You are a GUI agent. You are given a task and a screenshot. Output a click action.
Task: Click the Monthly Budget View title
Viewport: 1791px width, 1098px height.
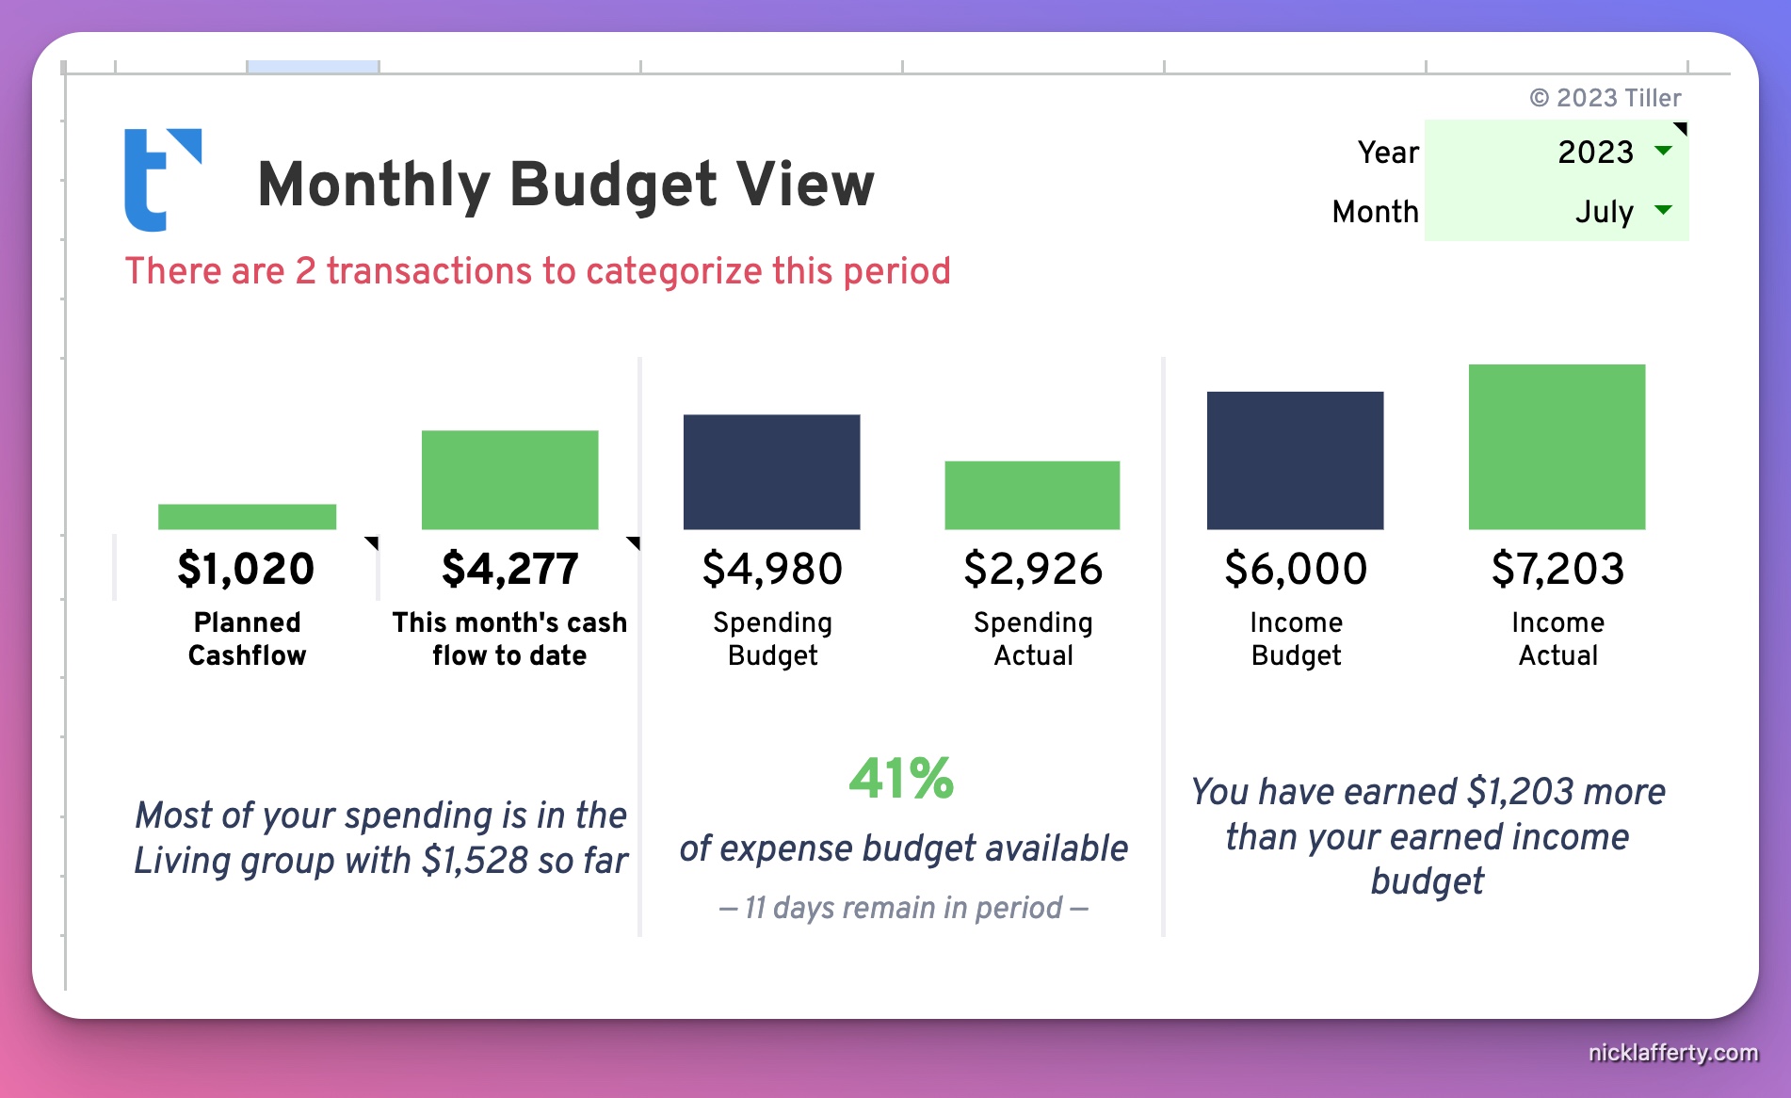click(565, 184)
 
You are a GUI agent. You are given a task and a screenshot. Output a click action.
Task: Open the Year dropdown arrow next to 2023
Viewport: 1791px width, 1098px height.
click(1663, 151)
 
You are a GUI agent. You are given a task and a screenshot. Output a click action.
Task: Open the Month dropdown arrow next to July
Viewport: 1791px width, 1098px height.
click(1663, 210)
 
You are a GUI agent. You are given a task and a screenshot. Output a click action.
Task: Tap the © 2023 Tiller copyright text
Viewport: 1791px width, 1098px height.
click(1605, 98)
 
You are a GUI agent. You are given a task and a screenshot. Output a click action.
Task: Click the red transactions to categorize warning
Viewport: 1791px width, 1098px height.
click(538, 271)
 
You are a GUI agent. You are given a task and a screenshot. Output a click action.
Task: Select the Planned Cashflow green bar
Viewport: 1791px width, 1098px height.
click(247, 516)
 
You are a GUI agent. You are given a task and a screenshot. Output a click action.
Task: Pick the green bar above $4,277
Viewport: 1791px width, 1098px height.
click(509, 479)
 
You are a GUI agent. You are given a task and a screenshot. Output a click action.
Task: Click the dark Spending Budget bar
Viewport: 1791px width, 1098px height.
click(771, 472)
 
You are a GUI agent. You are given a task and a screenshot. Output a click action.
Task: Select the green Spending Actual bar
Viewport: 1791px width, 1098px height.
click(1032, 494)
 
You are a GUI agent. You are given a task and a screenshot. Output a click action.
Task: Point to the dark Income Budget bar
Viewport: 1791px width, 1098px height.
click(1295, 460)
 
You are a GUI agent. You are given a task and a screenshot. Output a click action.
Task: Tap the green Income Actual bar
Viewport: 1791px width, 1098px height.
click(1557, 446)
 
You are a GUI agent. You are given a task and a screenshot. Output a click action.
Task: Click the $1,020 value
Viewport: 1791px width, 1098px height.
click(246, 569)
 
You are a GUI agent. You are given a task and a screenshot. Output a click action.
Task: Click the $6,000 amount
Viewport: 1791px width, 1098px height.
click(1296, 569)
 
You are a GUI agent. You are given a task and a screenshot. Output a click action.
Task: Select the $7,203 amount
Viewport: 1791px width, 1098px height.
click(1557, 569)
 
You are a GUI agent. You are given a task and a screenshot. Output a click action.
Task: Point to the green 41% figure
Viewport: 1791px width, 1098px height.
click(901, 779)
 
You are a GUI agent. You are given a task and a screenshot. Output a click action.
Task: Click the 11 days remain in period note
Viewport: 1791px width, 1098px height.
click(903, 908)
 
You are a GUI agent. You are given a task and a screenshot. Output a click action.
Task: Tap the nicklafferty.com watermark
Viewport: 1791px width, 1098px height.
click(1672, 1052)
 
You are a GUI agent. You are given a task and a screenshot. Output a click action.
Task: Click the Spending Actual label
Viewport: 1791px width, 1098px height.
click(1033, 638)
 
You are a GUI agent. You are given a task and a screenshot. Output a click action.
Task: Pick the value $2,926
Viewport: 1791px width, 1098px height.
click(1033, 569)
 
